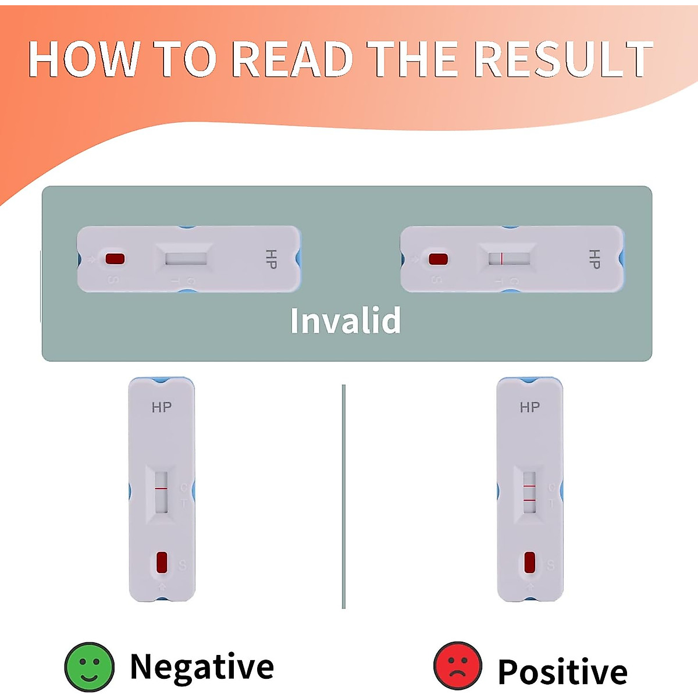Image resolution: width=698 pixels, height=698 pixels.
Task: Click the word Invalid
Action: (x=346, y=320)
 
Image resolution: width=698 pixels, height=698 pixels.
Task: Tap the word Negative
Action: (x=202, y=667)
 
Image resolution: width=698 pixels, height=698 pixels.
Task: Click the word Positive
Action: (x=562, y=672)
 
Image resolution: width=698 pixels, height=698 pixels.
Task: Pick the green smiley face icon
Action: (x=89, y=667)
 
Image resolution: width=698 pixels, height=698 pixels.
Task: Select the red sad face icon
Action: (x=458, y=667)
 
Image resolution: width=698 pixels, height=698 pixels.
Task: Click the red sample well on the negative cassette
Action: (x=162, y=562)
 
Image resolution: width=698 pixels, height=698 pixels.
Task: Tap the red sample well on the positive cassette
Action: (x=529, y=562)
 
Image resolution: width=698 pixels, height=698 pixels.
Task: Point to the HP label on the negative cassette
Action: (x=162, y=408)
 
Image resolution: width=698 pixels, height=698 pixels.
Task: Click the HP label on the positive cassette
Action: (x=529, y=408)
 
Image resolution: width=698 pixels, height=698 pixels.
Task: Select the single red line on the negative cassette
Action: (x=161, y=489)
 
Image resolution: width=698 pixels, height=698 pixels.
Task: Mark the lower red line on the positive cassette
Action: (x=529, y=500)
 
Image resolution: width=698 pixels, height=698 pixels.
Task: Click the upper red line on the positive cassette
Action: (x=529, y=485)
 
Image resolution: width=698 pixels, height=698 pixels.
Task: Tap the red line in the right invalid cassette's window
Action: (x=501, y=259)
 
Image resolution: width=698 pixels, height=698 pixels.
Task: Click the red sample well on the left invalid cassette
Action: (x=115, y=259)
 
